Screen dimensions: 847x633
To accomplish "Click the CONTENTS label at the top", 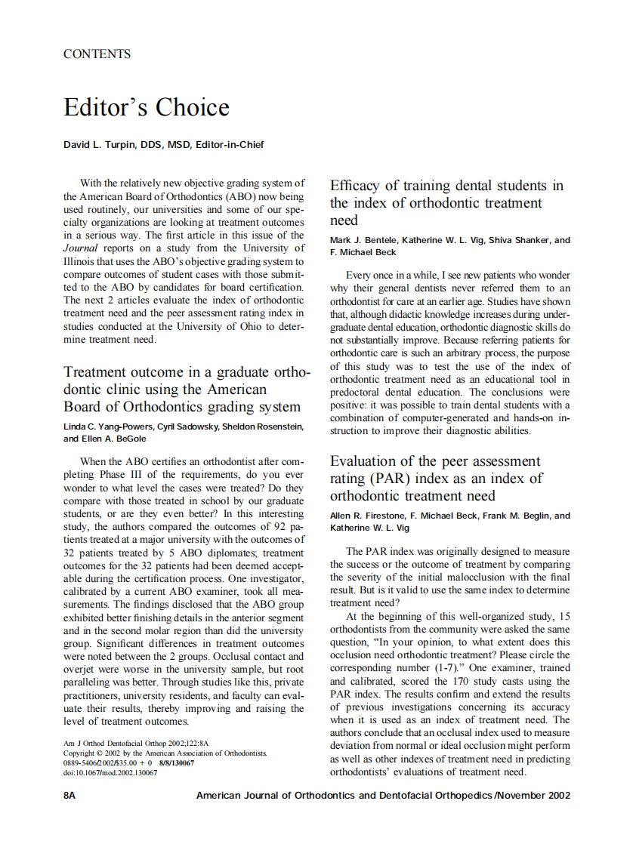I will [97, 54].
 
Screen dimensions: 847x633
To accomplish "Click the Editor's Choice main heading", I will [146, 107].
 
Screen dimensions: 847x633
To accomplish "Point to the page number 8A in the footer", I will [69, 795].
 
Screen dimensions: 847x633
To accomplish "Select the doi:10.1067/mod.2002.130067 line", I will [110, 772].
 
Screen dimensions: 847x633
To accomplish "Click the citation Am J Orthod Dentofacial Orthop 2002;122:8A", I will [135, 743].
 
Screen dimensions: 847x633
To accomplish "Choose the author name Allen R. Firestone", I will [369, 516].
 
